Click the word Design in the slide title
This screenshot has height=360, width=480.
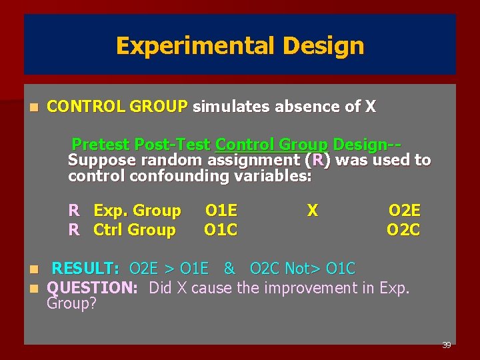click(x=323, y=46)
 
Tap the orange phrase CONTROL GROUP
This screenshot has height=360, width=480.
click(x=117, y=107)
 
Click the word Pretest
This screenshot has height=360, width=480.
click(x=101, y=144)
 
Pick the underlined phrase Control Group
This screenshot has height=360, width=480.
click(x=271, y=144)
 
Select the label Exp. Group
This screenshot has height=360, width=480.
click(x=137, y=211)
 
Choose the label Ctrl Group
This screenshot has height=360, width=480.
click(x=135, y=230)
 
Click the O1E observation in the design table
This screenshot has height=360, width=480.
click(x=221, y=211)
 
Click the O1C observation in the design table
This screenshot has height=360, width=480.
click(x=221, y=230)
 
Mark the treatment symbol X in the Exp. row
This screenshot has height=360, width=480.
click(x=312, y=211)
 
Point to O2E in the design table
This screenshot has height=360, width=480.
click(x=404, y=211)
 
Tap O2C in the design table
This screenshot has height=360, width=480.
click(x=403, y=230)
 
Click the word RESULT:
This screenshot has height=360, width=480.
click(x=85, y=269)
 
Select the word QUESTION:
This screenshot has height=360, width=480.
click(x=93, y=288)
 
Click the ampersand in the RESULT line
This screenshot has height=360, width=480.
click(x=229, y=269)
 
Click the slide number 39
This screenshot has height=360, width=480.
click(x=446, y=345)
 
